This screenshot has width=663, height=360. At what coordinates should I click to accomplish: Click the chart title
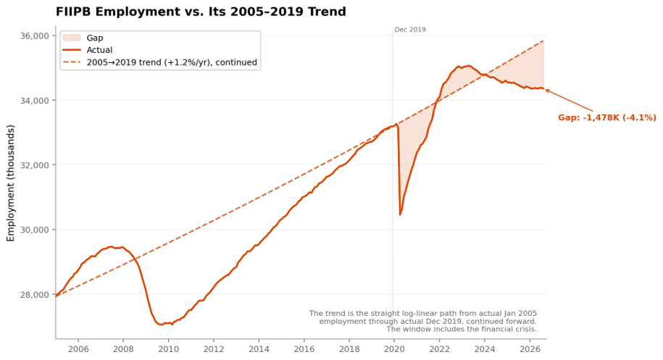click(x=201, y=12)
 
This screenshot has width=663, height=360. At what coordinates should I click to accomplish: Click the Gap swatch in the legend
click(x=72, y=38)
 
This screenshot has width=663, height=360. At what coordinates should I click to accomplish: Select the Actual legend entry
click(x=99, y=50)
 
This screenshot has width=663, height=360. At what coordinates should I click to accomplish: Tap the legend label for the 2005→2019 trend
click(x=172, y=62)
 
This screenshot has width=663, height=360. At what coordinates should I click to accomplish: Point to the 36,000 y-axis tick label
click(x=35, y=36)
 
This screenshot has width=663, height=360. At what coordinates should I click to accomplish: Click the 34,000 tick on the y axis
click(x=35, y=101)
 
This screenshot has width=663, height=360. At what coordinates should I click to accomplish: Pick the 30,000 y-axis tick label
click(x=35, y=230)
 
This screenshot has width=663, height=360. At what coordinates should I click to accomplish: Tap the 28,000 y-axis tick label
click(x=35, y=295)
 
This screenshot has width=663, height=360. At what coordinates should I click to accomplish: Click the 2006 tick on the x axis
click(x=78, y=349)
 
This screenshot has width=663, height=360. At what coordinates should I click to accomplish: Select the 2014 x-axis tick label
click(x=259, y=349)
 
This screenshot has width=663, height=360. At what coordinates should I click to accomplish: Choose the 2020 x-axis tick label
click(x=394, y=349)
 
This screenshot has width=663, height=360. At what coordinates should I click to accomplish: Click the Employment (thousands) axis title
click(x=11, y=183)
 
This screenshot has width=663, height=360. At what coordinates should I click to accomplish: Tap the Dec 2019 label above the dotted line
click(x=410, y=30)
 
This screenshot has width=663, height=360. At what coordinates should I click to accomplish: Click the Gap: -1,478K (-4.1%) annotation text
click(x=607, y=117)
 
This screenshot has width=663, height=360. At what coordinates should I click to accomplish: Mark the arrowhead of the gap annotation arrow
click(x=546, y=90)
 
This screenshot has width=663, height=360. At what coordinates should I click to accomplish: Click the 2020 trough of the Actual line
click(x=400, y=214)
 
